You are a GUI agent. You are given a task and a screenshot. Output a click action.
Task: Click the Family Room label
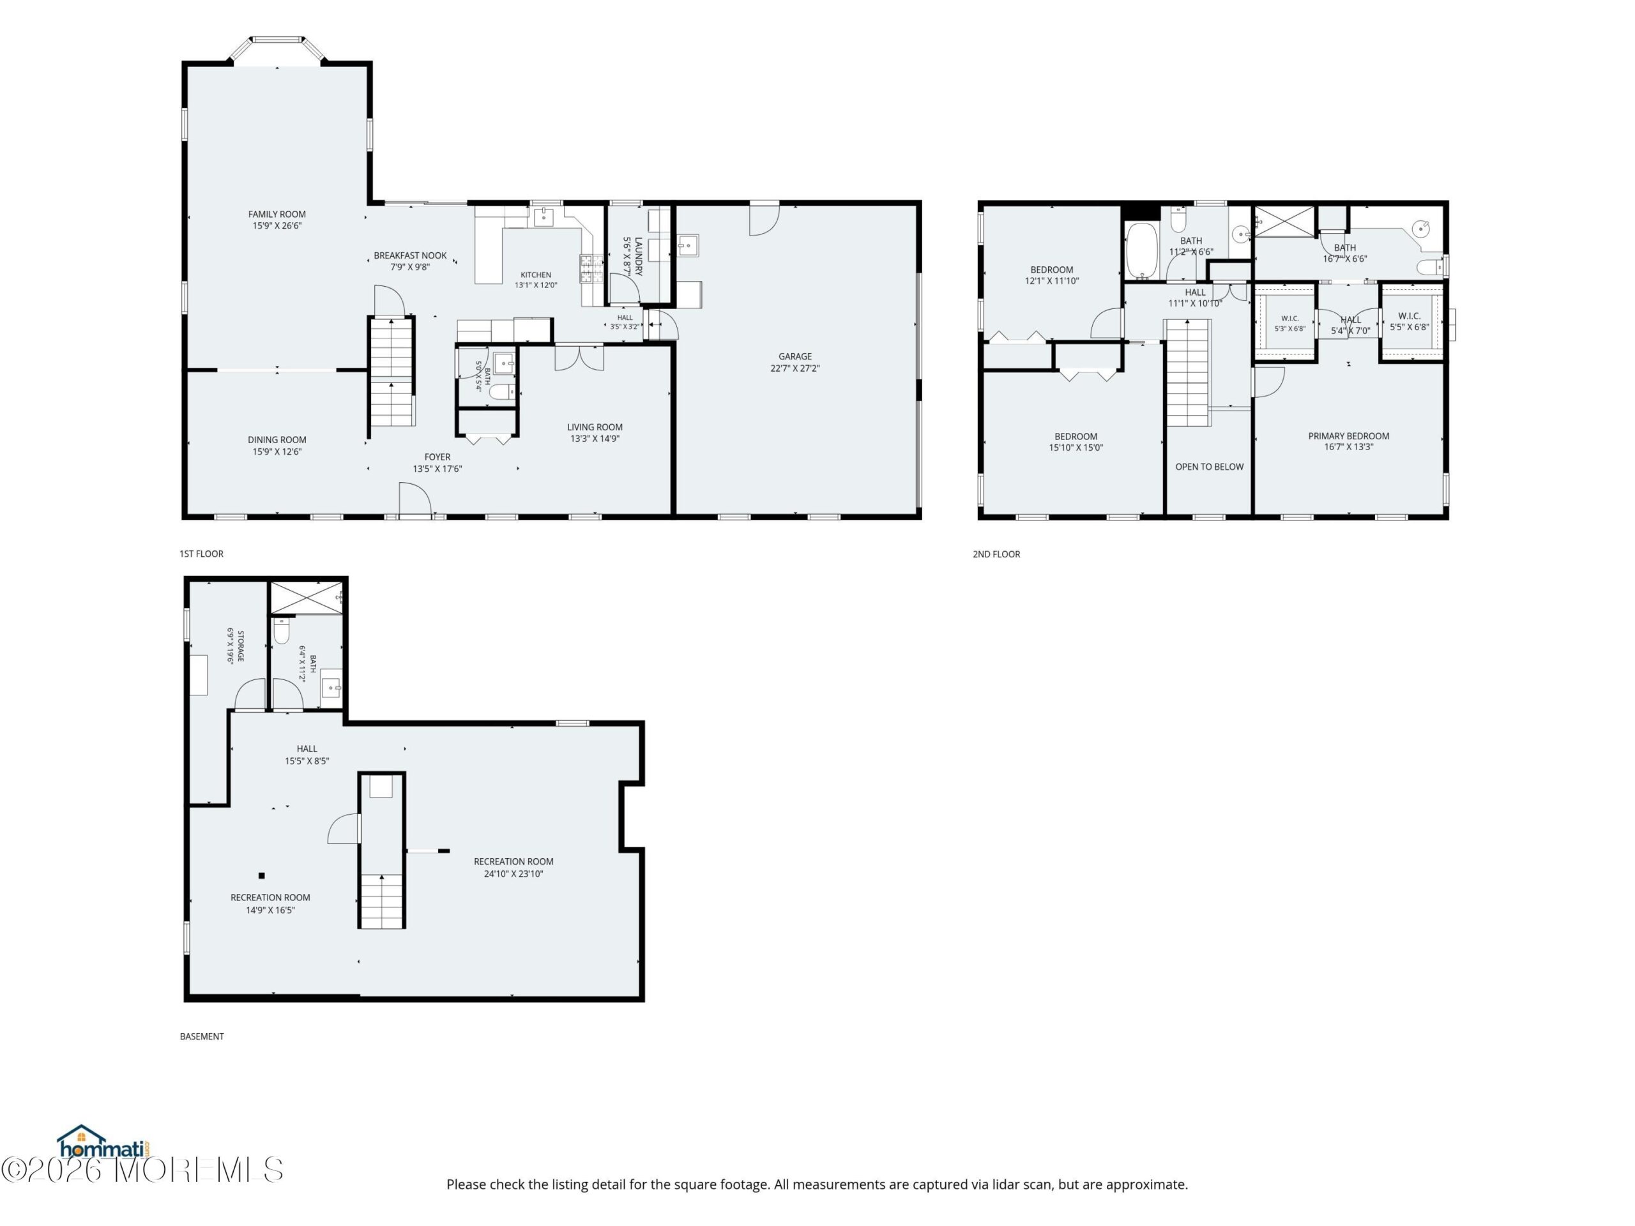[277, 215]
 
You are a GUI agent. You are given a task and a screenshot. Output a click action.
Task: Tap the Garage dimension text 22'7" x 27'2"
[795, 368]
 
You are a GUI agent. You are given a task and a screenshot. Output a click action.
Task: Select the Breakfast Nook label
[410, 255]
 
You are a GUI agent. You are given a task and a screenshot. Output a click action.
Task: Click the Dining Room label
[277, 440]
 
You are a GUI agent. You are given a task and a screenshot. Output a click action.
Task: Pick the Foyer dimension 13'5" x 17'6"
[437, 469]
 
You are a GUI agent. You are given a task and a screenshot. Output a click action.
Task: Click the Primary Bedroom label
[1348, 436]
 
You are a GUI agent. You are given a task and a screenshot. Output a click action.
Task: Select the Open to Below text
[1209, 467]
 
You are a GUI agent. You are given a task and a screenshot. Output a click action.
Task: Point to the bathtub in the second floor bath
[1141, 250]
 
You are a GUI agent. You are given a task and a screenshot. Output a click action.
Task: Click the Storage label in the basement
[240, 646]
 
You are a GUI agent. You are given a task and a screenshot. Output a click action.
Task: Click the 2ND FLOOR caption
[996, 554]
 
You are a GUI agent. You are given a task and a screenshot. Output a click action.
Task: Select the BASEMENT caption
[202, 1036]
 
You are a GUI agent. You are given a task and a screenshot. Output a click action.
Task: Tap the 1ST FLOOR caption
[201, 554]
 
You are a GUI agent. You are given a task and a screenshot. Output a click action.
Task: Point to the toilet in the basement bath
[282, 630]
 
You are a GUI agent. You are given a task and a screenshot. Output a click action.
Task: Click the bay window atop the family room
[277, 50]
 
